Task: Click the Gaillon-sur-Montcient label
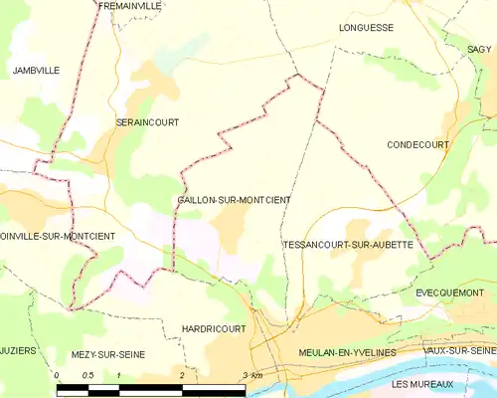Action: tap(234, 200)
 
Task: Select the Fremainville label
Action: tap(130, 6)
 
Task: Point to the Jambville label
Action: tap(36, 71)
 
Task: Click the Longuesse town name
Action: tap(366, 28)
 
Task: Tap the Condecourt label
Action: tap(417, 144)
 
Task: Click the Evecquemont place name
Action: tap(448, 293)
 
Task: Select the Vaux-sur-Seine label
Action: tap(458, 351)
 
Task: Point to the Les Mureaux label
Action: tap(422, 384)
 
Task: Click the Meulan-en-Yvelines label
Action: tap(347, 353)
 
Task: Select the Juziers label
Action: tap(18, 351)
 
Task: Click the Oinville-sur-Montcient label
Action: tap(58, 236)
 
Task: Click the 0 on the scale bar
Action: tap(58, 375)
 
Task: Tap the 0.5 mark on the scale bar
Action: tap(87, 375)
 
